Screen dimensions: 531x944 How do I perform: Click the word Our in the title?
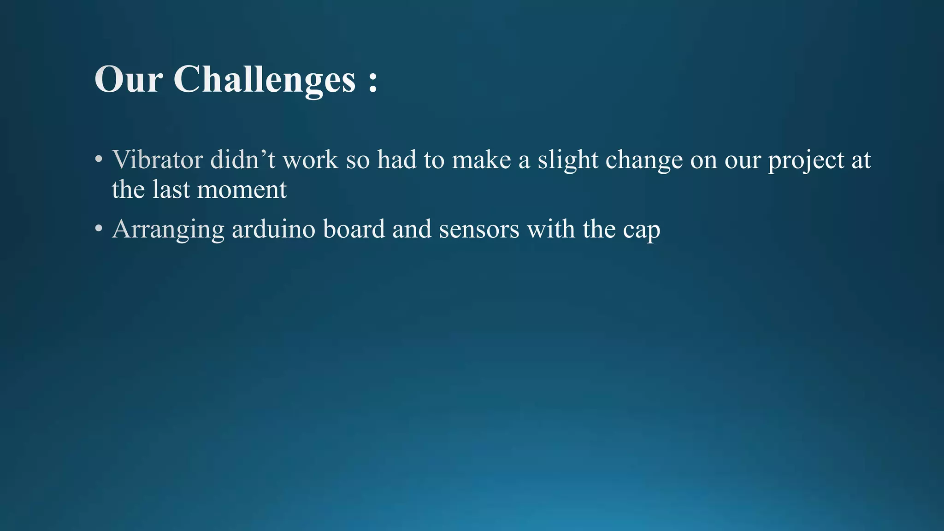coord(128,79)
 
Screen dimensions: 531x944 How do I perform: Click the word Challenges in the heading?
coord(264,79)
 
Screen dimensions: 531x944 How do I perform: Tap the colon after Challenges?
coord(373,81)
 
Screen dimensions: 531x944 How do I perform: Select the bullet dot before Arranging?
coord(98,229)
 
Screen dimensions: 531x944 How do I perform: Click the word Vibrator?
coord(157,160)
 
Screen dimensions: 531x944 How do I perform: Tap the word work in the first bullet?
coord(310,160)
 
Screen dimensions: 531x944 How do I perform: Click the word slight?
coord(567,161)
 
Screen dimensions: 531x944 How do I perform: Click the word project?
coord(806,161)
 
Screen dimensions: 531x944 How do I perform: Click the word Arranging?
coord(168,230)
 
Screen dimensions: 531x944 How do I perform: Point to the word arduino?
coord(273,229)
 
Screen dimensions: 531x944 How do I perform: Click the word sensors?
coord(479,229)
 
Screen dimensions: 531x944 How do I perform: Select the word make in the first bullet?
coord(481,160)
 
